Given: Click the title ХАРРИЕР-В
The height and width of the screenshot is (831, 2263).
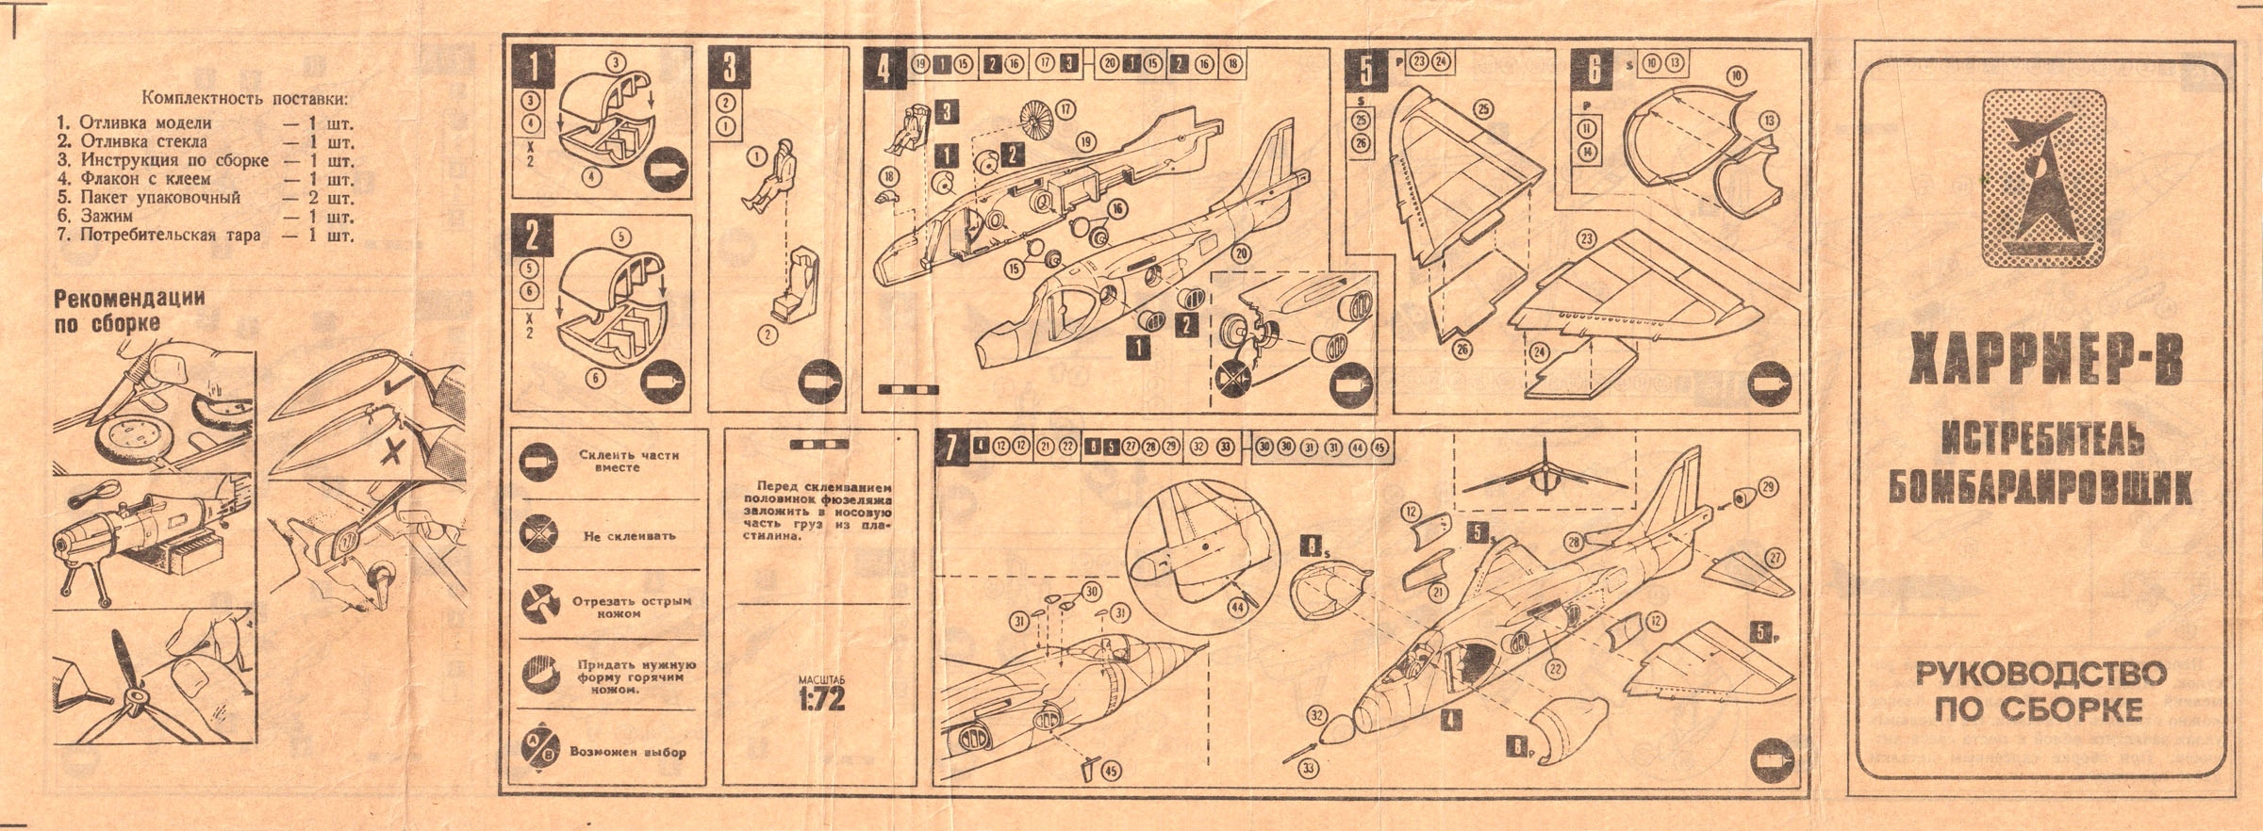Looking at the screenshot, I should point(2044,363).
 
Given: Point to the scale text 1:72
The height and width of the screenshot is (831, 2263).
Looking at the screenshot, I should point(821,699).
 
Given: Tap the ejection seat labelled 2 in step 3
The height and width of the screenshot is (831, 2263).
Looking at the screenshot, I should point(793,283).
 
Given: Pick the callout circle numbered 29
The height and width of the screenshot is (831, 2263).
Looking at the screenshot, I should point(1767,487).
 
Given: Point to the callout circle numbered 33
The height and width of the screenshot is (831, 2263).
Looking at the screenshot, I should point(1309,769).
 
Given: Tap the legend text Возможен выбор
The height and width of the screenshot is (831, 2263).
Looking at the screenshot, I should point(627,752).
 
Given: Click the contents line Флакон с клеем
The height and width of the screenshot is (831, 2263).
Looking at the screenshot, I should point(145,178).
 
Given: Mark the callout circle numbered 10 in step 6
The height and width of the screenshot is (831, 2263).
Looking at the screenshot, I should point(1737,76).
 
